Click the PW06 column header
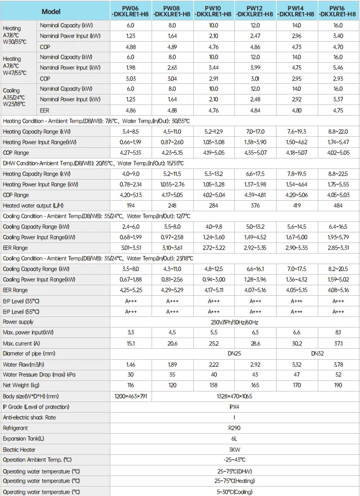131,11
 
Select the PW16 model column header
337,11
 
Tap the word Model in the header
52,11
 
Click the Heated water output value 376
254,205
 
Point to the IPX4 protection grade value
234,406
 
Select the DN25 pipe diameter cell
213,353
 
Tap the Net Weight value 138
213,385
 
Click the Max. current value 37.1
337,343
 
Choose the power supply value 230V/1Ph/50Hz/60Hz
234,322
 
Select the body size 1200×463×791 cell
131,396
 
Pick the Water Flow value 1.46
131,364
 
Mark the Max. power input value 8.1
337,332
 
